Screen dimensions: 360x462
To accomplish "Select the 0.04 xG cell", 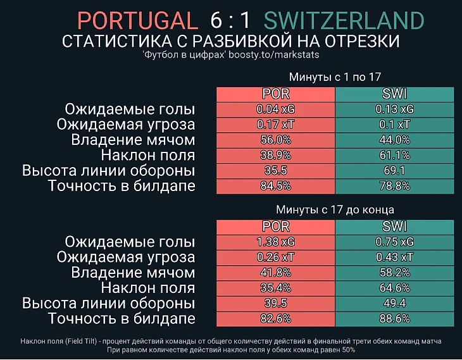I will pos(275,109).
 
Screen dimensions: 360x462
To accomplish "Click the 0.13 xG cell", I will pos(395,109).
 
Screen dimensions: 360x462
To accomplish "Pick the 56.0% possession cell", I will pos(275,140).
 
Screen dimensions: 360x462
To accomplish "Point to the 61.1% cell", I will pos(395,155).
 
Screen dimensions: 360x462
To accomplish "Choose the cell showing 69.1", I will pos(395,170).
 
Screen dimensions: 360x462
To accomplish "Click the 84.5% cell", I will pos(275,186).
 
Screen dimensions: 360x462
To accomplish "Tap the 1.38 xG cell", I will pos(275,242).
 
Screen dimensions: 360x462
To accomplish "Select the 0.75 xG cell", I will pos(395,242).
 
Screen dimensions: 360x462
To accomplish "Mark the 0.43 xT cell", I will pos(395,257).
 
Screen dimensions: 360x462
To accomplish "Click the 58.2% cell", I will pos(395,273).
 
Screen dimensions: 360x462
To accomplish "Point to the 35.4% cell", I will pos(275,288).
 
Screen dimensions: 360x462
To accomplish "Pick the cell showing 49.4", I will pos(395,303).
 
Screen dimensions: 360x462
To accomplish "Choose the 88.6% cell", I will pos(395,319).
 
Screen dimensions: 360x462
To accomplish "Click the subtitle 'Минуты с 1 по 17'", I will pos(335,77).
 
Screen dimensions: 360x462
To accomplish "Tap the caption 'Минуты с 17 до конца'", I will pos(335,209).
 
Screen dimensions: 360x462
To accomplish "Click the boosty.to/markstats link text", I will pos(273,54).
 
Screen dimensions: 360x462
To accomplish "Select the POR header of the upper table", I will pos(275,94).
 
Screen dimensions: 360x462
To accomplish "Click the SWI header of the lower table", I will pos(395,227).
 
